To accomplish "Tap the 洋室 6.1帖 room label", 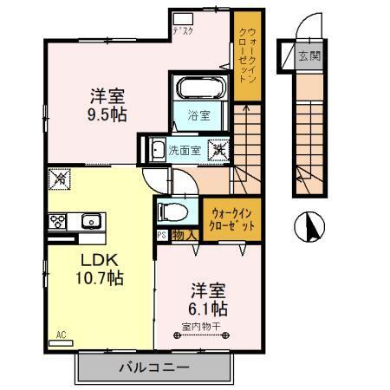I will (206, 298).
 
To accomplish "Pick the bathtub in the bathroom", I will (201, 88).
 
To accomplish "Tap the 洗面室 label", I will (185, 149).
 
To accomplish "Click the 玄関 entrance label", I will (308, 58).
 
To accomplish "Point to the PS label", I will (161, 234).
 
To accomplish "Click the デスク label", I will (184, 31).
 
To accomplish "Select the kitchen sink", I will (90, 222).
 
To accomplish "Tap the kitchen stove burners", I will (59, 220).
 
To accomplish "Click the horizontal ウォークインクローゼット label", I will (231, 217).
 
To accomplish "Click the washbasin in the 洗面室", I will (157, 150).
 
